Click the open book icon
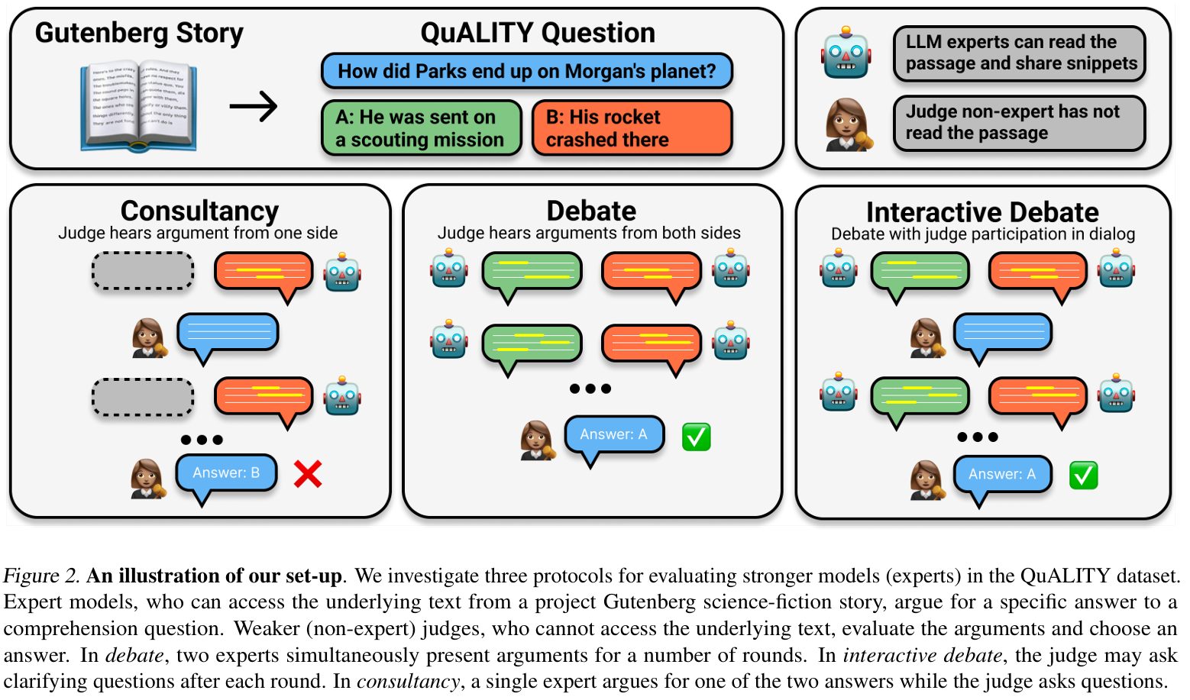click(139, 107)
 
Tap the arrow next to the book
click(254, 107)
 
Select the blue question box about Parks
click(526, 71)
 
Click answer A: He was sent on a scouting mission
click(421, 128)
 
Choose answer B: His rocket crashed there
click(632, 128)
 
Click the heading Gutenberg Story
click(139, 33)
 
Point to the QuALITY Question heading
click(538, 33)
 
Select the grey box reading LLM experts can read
click(1020, 53)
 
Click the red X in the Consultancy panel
click(308, 474)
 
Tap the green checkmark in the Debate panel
click(696, 437)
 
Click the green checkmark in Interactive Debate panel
click(1083, 475)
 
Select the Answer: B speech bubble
click(226, 473)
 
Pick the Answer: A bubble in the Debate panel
click(613, 434)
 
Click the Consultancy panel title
click(199, 211)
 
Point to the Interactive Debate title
click(982, 212)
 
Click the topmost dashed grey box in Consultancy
click(143, 271)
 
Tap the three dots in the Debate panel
click(590, 389)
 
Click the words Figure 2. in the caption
click(42, 576)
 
